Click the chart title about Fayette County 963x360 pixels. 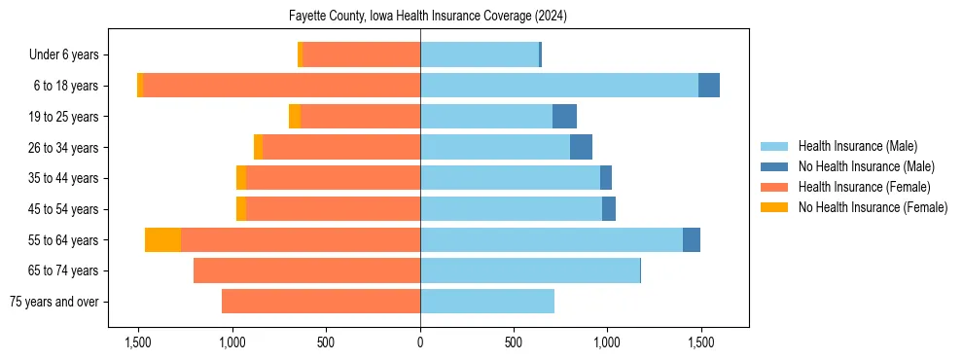pyautogui.click(x=428, y=17)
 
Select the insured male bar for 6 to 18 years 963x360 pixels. pyautogui.click(x=559, y=86)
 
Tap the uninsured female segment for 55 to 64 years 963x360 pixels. pyautogui.click(x=162, y=239)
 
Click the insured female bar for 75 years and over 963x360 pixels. pyautogui.click(x=321, y=302)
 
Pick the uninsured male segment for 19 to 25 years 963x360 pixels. pyautogui.click(x=564, y=117)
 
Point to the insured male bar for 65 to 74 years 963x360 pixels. pyautogui.click(x=530, y=270)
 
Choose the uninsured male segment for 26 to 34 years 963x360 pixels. pyautogui.click(x=581, y=147)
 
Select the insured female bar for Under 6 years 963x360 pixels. pyautogui.click(x=361, y=54)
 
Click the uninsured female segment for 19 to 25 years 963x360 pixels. pyautogui.click(x=295, y=117)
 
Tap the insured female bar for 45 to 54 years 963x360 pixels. pyautogui.click(x=333, y=209)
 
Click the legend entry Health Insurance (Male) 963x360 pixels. pyautogui.click(x=857, y=146)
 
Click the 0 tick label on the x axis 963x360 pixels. pyautogui.click(x=420, y=342)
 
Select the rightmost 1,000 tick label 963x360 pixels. pyautogui.click(x=607, y=342)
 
